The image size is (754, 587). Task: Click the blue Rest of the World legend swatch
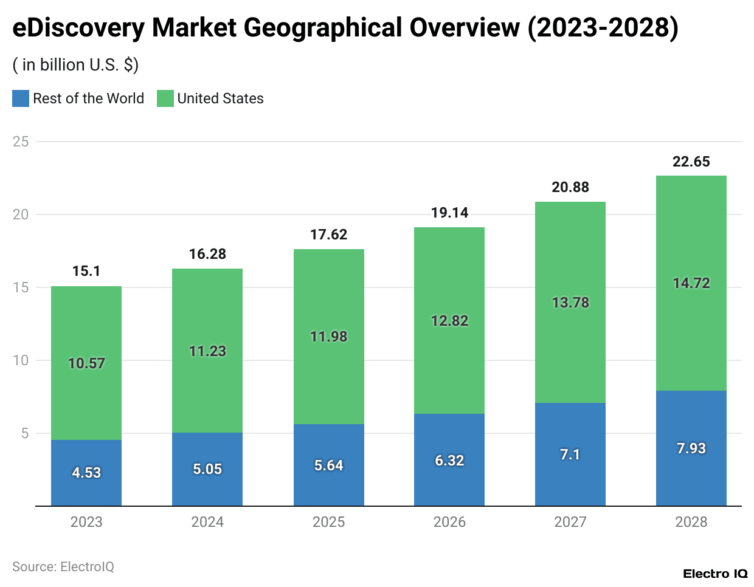[21, 98]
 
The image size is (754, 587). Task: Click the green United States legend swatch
[165, 98]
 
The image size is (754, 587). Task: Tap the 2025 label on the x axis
[328, 522]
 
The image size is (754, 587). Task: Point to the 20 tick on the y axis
[21, 215]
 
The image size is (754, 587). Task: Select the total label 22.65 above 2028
[691, 162]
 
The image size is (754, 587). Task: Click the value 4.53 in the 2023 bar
[86, 473]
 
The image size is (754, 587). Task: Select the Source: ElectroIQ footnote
[63, 567]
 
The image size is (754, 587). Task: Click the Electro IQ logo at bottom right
[715, 574]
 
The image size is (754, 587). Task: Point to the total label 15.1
[86, 271]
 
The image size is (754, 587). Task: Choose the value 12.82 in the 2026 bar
[449, 321]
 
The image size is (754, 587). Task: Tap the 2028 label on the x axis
[691, 522]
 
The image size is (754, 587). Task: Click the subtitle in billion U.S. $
[76, 65]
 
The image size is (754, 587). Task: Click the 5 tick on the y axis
[25, 433]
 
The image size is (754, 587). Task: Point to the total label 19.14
[449, 213]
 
